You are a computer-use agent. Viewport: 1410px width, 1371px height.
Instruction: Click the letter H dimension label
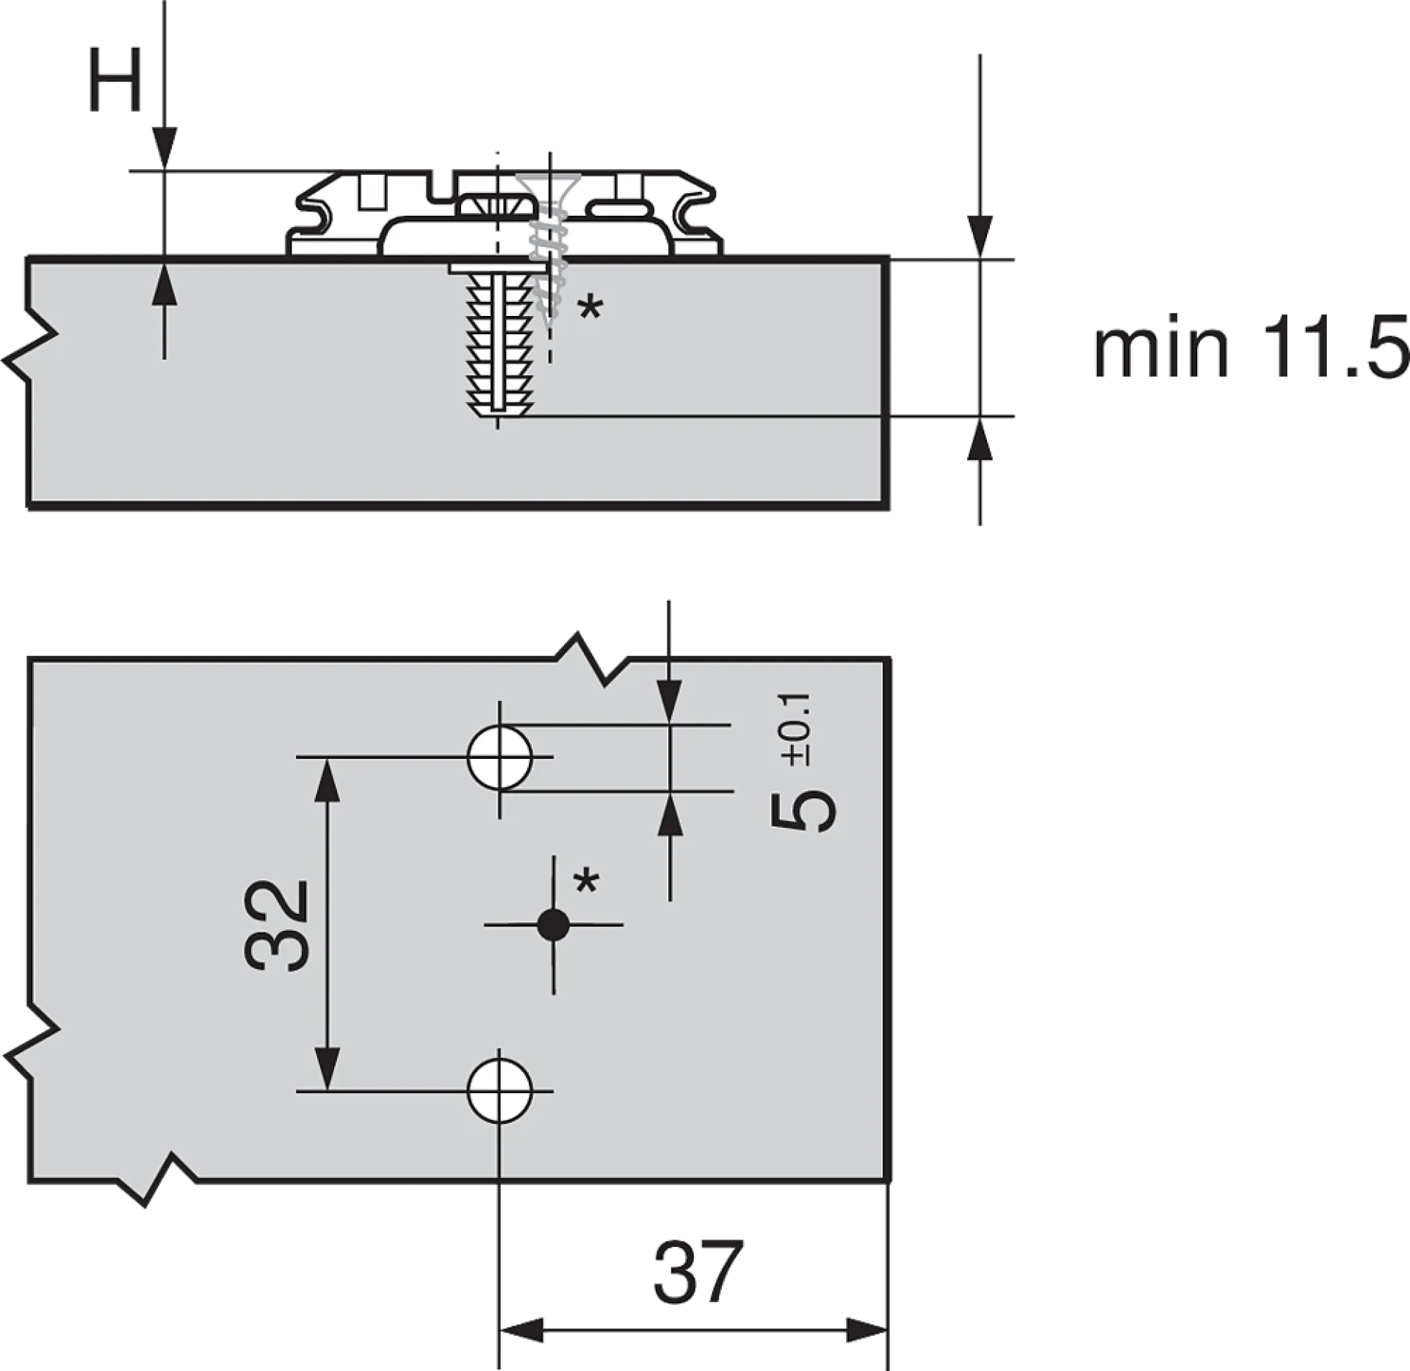(115, 80)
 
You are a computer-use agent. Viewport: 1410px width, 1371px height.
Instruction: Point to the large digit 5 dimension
(803, 811)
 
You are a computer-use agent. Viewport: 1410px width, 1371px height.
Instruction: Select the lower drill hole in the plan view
(499, 1091)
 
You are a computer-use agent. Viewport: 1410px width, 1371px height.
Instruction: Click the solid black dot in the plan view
(553, 924)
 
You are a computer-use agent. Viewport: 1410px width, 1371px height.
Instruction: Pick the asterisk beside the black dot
(586, 880)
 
